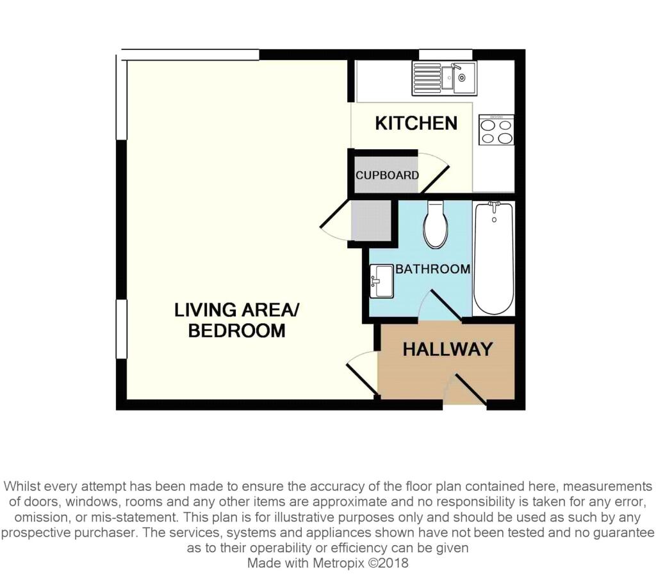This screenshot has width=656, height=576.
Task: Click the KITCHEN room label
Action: (x=416, y=123)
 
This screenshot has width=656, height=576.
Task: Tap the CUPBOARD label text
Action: (x=388, y=175)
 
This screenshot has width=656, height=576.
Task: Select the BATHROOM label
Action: (x=432, y=269)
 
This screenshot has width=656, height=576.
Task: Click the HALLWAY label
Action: (x=447, y=349)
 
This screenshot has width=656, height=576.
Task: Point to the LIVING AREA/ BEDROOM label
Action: (x=237, y=320)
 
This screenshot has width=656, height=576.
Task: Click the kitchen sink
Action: (x=444, y=78)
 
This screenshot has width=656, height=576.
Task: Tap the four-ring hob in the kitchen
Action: (x=496, y=130)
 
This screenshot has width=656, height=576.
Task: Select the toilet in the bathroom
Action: (x=435, y=225)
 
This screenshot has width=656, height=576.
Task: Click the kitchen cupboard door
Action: (x=434, y=172)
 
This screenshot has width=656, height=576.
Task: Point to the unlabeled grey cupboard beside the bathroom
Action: (x=371, y=221)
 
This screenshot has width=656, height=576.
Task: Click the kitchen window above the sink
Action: (x=445, y=54)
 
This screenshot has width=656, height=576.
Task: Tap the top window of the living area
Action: (x=190, y=54)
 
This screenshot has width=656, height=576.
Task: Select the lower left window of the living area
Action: (x=120, y=329)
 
